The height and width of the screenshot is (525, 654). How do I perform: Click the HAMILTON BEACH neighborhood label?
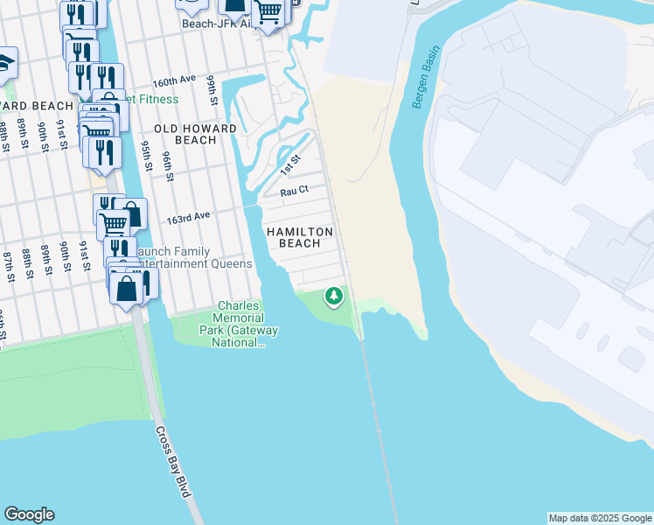[x=300, y=237]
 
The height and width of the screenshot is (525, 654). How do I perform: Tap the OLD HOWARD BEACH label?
[x=184, y=134]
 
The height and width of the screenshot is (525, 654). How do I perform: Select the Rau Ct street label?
[x=294, y=190]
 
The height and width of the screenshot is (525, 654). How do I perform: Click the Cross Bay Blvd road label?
[x=172, y=461]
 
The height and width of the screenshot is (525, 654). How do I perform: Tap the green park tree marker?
[x=333, y=297]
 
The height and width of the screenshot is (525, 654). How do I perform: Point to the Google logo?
[x=29, y=514]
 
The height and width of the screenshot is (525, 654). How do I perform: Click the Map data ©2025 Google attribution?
[x=600, y=518]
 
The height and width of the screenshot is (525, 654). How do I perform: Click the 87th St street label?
[x=8, y=266]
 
